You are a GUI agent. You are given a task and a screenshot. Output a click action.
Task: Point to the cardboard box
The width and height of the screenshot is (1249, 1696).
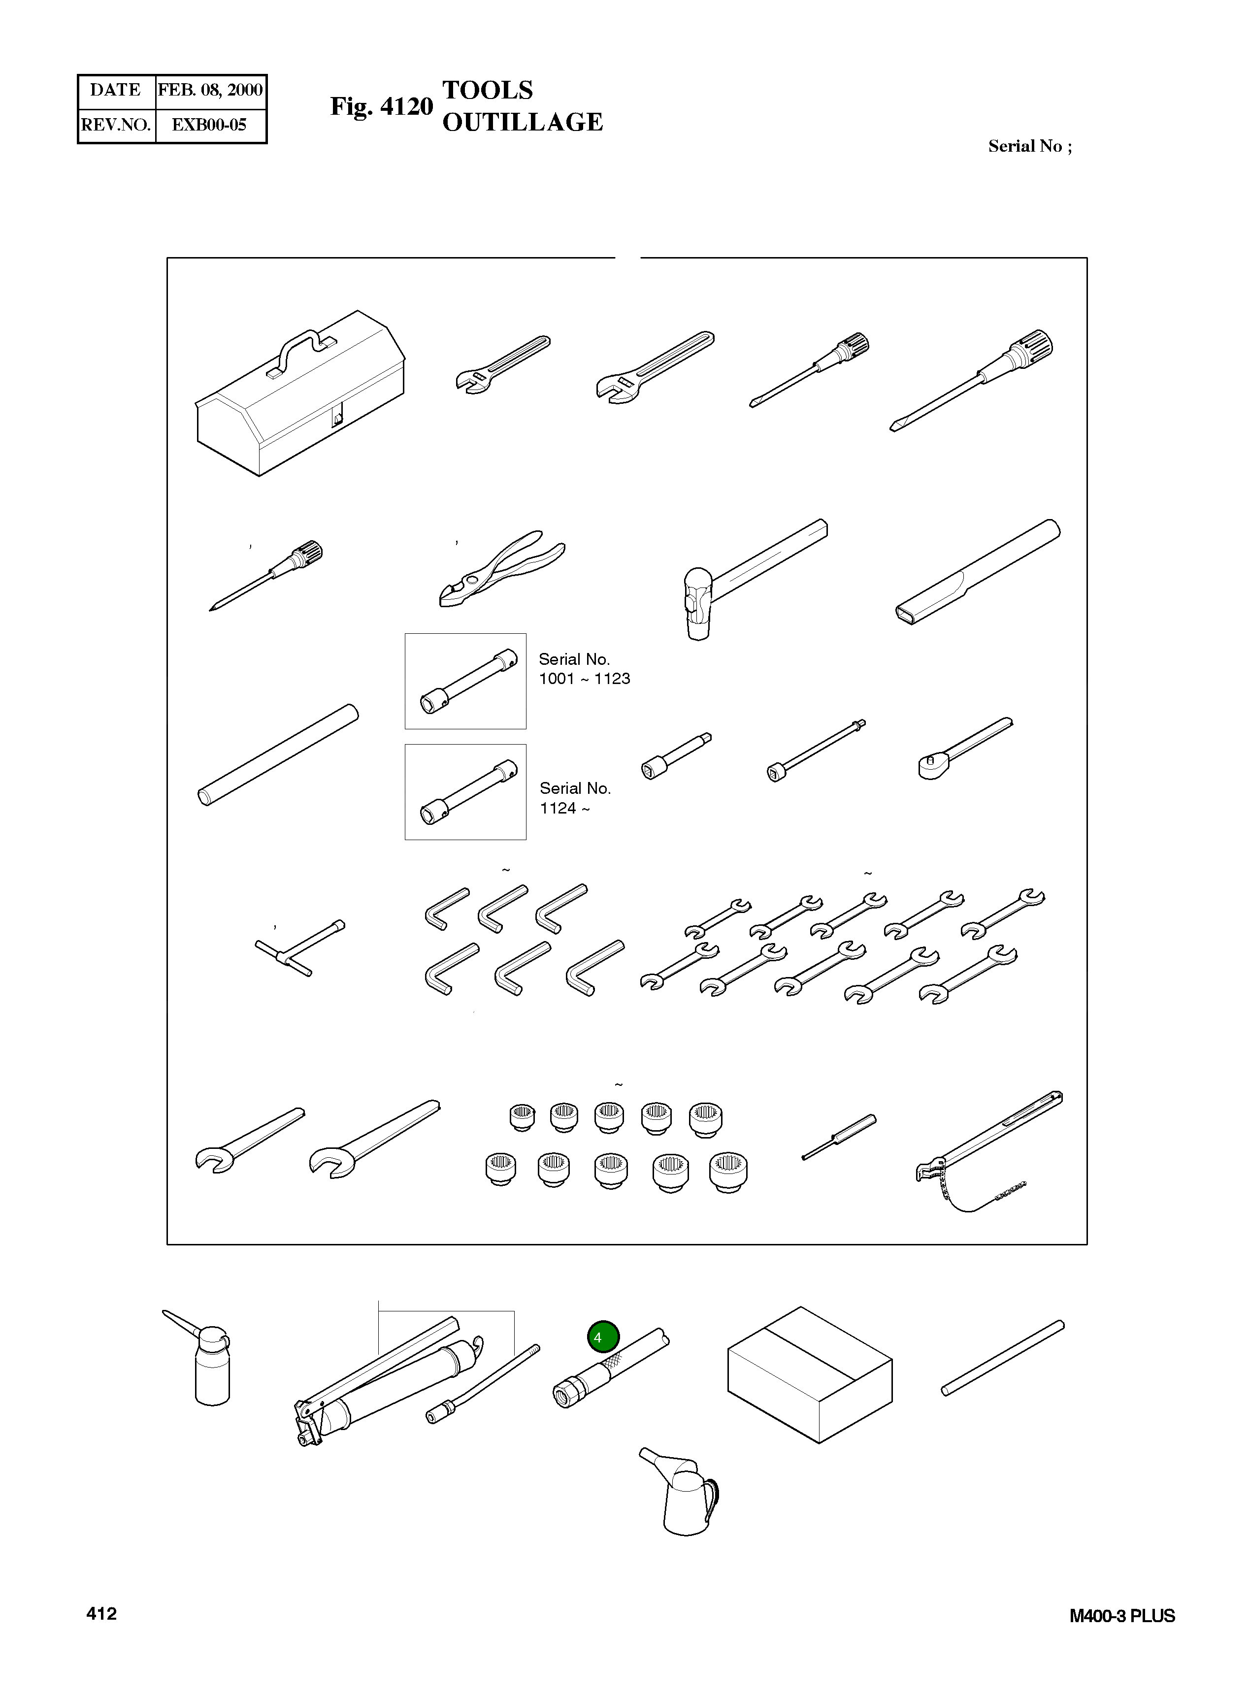tap(810, 1374)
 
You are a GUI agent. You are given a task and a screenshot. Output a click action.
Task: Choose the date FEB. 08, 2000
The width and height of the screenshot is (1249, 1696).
tap(210, 90)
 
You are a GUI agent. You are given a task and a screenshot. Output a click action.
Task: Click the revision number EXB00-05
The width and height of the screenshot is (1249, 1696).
tap(209, 125)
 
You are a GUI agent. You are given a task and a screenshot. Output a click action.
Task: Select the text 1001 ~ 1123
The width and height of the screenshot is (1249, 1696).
tap(585, 679)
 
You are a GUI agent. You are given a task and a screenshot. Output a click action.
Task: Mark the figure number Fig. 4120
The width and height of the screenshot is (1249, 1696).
tap(382, 106)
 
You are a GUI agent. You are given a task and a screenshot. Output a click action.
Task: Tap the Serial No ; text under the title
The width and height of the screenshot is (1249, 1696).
tap(1030, 146)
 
